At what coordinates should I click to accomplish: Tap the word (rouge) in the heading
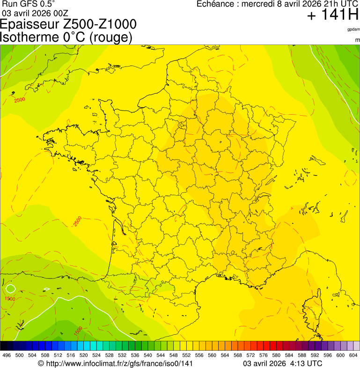(x=111, y=37)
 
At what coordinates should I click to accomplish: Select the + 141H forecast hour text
(x=332, y=15)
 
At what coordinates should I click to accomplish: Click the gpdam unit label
(x=353, y=29)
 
